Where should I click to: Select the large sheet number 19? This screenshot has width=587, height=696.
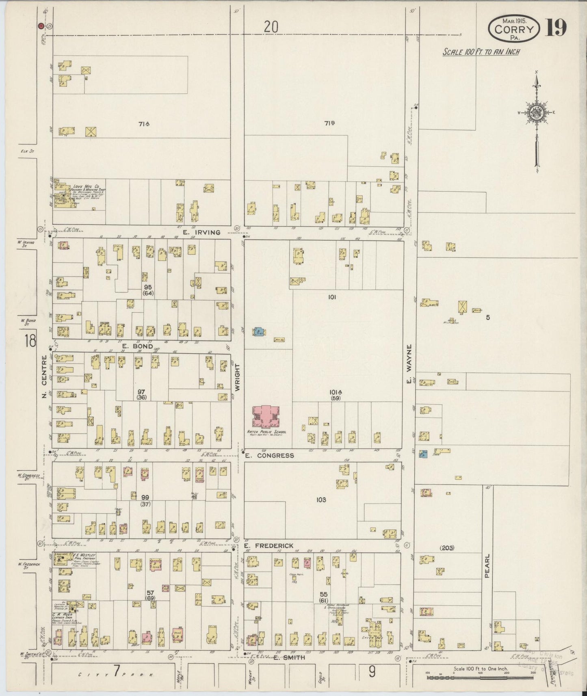click(x=556, y=28)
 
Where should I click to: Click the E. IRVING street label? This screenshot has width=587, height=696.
click(x=201, y=232)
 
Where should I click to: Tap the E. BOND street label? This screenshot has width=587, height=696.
click(x=138, y=346)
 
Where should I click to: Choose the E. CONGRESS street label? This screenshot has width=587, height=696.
click(x=269, y=456)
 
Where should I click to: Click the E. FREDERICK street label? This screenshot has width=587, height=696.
click(x=269, y=546)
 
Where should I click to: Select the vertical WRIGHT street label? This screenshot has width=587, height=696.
click(x=238, y=377)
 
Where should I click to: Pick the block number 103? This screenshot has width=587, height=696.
click(x=321, y=500)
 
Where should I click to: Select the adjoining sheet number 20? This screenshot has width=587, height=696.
click(x=271, y=27)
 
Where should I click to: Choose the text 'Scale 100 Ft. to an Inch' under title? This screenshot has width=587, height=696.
click(x=481, y=52)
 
